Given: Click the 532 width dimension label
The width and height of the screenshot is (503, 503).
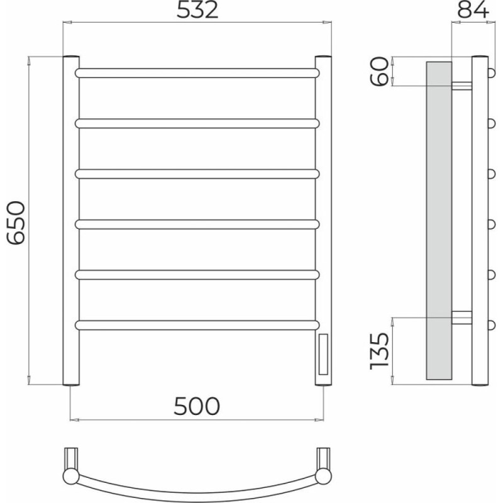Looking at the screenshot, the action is pyautogui.click(x=197, y=10).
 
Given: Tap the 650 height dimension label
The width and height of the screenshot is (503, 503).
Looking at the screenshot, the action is pyautogui.click(x=16, y=223).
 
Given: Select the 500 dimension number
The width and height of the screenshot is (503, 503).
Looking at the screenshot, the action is pyautogui.click(x=197, y=406).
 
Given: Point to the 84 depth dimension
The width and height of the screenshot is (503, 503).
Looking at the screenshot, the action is pyautogui.click(x=473, y=10).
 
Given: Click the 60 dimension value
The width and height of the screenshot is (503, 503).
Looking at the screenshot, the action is pyautogui.click(x=379, y=71).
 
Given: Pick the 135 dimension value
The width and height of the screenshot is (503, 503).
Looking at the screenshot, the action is pyautogui.click(x=379, y=351).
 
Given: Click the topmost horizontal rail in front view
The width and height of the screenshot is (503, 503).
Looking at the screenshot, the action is pyautogui.click(x=197, y=73).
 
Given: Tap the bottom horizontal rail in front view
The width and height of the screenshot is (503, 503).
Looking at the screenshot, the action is pyautogui.click(x=197, y=325).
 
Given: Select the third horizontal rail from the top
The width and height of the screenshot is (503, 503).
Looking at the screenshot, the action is pyautogui.click(x=197, y=174).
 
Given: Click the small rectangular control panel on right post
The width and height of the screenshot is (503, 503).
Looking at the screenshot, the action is pyautogui.click(x=323, y=354).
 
